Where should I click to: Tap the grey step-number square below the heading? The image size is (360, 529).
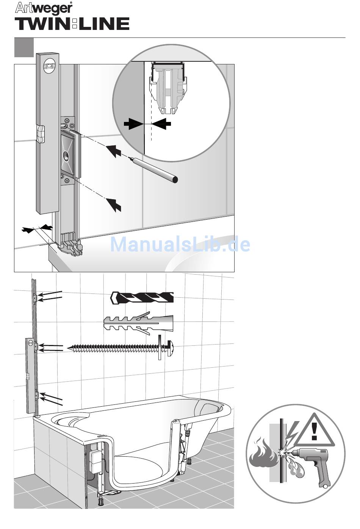click(x=24, y=47)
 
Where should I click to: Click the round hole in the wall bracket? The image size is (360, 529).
click(x=67, y=155)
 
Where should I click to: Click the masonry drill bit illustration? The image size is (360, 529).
click(x=142, y=297)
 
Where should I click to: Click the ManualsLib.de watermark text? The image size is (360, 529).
click(x=180, y=244)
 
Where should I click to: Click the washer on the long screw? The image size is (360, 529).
click(x=160, y=347)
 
